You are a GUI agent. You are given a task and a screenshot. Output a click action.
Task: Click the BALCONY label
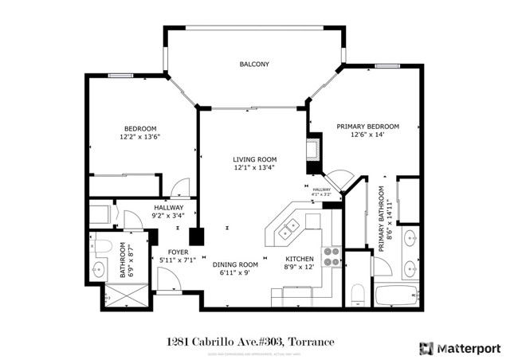[x=255, y=65]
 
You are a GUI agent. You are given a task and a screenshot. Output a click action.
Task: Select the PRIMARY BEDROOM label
[x=367, y=127]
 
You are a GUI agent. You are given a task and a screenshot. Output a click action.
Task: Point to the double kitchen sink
[x=288, y=230]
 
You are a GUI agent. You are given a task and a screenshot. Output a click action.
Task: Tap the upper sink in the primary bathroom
[x=409, y=237]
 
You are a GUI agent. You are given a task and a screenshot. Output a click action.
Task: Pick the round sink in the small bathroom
[x=101, y=268]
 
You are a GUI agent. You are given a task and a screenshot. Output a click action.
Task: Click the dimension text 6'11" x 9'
[x=235, y=273]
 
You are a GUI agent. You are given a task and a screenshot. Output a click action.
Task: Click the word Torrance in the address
[x=309, y=342]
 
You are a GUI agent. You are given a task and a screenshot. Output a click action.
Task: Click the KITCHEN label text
[x=300, y=259]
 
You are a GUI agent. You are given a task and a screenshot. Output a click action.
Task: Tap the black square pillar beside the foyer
[x=194, y=237]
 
